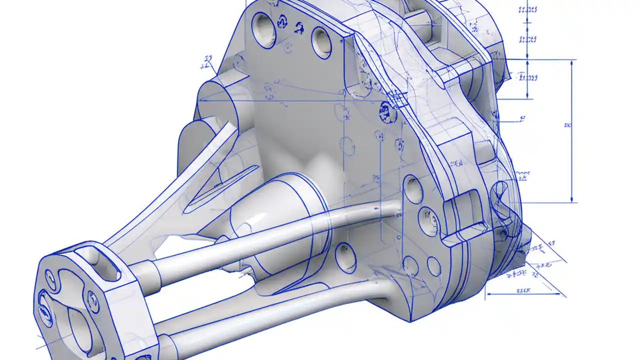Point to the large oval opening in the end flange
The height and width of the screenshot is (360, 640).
tap(79, 327)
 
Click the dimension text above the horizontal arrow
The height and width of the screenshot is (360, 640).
tap(522, 289)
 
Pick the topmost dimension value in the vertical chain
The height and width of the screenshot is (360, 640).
tap(528, 9)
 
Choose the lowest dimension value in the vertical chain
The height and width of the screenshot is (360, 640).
tap(528, 77)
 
